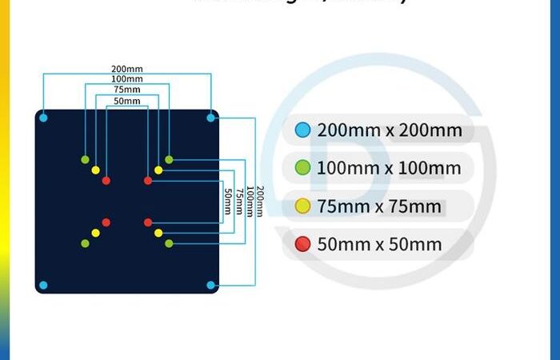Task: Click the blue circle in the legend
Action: tap(302, 130)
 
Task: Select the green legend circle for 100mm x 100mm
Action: tap(302, 168)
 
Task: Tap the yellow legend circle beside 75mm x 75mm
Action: tap(302, 206)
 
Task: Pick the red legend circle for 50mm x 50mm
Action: tap(302, 244)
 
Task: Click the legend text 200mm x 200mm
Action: tap(390, 130)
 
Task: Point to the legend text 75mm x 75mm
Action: tap(379, 206)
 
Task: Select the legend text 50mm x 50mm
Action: tap(379, 244)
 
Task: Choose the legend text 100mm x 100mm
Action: tap(389, 168)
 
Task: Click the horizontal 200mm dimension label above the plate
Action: tap(127, 69)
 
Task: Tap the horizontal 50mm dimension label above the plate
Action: tap(126, 102)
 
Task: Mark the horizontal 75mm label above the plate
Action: tap(126, 90)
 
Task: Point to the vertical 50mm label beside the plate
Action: tap(228, 200)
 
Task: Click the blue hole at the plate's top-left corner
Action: tap(43, 118)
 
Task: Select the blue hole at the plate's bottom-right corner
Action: tap(210, 285)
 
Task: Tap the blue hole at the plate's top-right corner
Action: tap(210, 118)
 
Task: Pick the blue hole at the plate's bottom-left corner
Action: tap(43, 285)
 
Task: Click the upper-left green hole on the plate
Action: tap(85, 159)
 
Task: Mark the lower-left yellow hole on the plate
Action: tap(95, 233)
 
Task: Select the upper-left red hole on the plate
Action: tap(106, 181)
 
